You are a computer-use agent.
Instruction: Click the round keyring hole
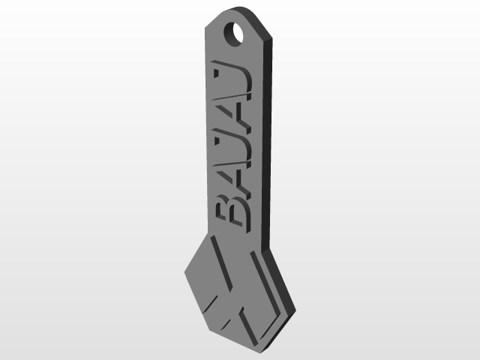(x=238, y=34)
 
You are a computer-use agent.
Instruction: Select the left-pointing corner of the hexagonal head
(x=185, y=268)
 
